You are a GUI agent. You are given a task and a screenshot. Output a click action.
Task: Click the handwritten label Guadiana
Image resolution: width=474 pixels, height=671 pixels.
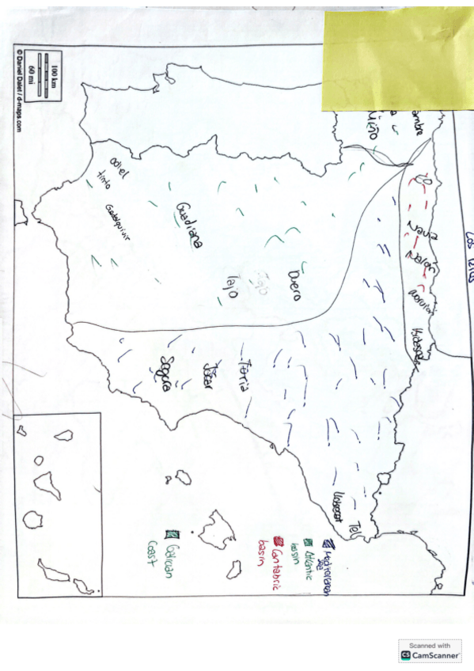point(188,225)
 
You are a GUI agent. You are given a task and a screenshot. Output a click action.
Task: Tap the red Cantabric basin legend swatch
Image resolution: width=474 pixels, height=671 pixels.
point(278,542)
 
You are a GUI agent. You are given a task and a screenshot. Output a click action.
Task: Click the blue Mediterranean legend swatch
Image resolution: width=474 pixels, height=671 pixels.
point(326,544)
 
